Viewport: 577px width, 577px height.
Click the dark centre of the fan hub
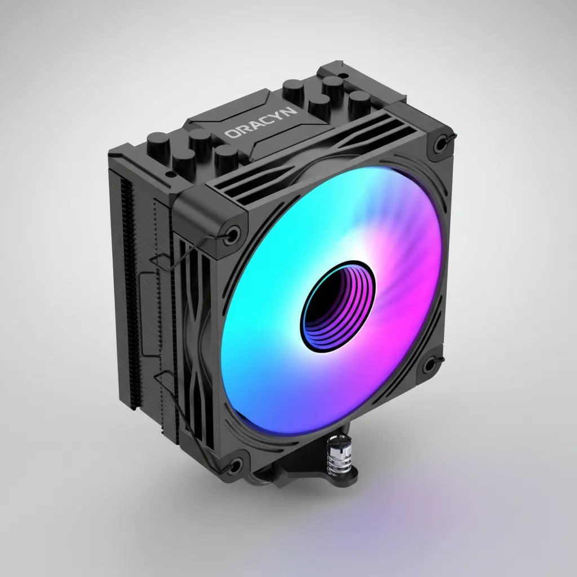pyautogui.click(x=337, y=304)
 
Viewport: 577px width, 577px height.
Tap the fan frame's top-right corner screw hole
pyautogui.click(x=438, y=140)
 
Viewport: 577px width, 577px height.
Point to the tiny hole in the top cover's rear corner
pyautogui.click(x=340, y=74)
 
